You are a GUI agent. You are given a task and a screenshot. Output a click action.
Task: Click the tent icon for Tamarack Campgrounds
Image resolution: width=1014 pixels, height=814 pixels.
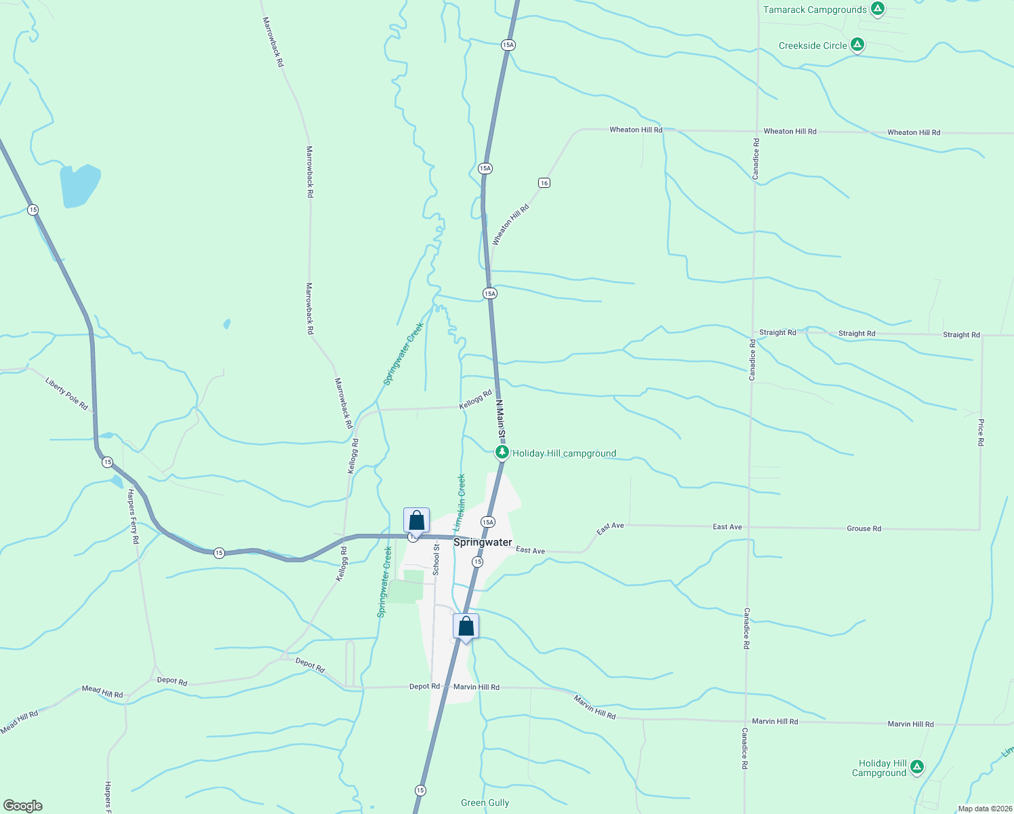click(878, 9)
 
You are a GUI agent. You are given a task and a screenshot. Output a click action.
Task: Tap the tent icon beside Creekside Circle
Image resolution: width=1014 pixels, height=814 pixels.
click(857, 45)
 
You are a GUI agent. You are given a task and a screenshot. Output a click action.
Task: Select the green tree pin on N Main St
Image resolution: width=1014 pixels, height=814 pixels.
click(502, 452)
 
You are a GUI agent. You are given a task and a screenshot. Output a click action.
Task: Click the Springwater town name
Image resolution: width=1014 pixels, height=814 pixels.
click(483, 542)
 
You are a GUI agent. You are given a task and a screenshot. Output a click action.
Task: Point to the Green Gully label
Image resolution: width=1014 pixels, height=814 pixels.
click(485, 802)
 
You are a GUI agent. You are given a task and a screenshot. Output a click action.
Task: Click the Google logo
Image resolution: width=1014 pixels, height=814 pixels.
click(22, 806)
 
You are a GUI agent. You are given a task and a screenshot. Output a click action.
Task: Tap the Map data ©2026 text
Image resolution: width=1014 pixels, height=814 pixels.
click(983, 809)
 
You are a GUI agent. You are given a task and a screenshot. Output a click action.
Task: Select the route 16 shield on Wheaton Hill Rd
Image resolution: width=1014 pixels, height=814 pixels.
click(544, 182)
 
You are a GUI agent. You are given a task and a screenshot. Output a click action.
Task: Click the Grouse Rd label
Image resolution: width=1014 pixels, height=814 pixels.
click(864, 528)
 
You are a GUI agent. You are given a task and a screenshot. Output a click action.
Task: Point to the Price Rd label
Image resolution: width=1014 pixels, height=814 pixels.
click(981, 432)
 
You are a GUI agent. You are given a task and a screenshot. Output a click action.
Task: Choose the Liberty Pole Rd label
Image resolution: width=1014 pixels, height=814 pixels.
click(66, 393)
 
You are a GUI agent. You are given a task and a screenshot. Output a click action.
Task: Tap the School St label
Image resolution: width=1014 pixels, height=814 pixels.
click(436, 560)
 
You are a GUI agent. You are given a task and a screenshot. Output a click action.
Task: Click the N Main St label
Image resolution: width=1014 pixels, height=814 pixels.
click(500, 418)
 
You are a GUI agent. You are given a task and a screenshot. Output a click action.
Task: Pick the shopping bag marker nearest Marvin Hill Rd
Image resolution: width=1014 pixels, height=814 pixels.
click(466, 626)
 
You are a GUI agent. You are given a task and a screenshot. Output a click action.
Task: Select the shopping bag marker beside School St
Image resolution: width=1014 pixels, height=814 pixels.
click(416, 521)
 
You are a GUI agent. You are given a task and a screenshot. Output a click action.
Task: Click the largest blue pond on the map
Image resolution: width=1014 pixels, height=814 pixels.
click(79, 185)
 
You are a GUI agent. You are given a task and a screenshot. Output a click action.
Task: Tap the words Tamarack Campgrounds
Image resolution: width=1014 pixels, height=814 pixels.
click(815, 9)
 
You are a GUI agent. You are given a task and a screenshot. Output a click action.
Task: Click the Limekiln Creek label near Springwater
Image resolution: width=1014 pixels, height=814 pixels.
click(460, 502)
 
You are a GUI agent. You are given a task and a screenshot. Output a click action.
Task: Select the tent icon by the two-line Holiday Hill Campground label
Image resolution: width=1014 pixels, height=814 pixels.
click(917, 767)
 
